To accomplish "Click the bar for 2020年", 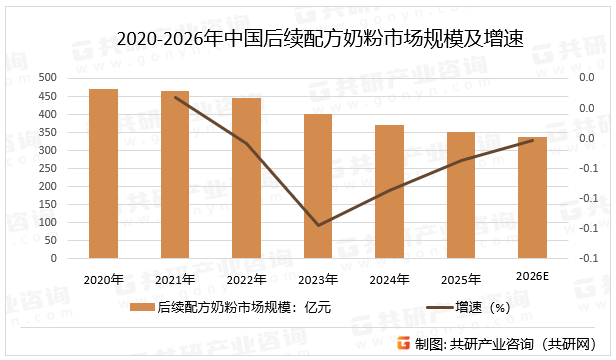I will pyautogui.click(x=103, y=174).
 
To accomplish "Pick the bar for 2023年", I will pyautogui.click(x=318, y=186).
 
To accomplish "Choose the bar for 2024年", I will pyautogui.click(x=390, y=192).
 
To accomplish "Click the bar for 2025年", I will pyautogui.click(x=461, y=195).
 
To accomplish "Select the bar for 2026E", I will pyautogui.click(x=532, y=198).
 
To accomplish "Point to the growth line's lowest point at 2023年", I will pyautogui.click(x=318, y=225).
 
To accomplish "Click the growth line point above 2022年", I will pyautogui.click(x=246, y=143).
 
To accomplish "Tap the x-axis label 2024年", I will pyautogui.click(x=390, y=279).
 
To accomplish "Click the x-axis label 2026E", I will pyautogui.click(x=532, y=276).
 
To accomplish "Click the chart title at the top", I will pyautogui.click(x=308, y=39).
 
